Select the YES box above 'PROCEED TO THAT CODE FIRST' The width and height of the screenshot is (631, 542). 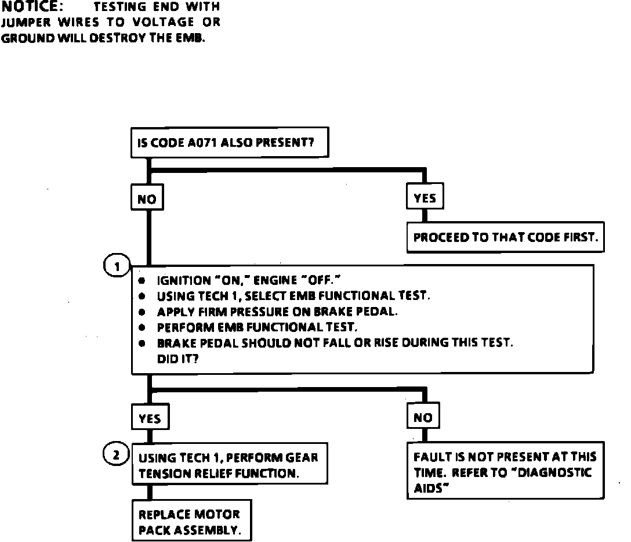(x=425, y=198)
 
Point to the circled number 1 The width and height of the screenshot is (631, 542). (x=117, y=267)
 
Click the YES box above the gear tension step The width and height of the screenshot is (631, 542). (x=150, y=418)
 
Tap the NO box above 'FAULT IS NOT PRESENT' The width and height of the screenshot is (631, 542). (x=423, y=418)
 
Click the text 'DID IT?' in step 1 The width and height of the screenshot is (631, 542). (x=178, y=359)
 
